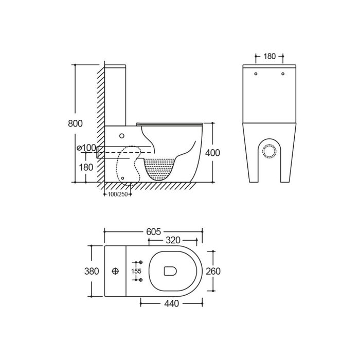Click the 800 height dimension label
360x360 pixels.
tap(75, 123)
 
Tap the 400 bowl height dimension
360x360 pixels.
tap(212, 153)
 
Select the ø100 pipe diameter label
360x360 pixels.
tap(86, 148)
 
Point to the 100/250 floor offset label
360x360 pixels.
tap(118, 194)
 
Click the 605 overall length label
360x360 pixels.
tap(154, 232)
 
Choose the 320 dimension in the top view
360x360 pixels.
tap(173, 240)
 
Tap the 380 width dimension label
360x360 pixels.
tap(92, 271)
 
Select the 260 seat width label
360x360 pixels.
tap(213, 271)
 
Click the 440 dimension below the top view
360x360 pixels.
tap(171, 303)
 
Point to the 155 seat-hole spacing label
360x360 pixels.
tap(136, 271)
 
